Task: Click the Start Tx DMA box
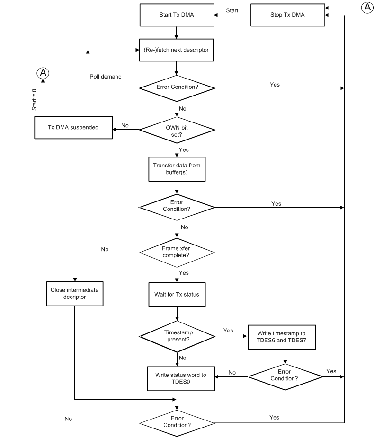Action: [177, 15]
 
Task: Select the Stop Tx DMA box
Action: [290, 15]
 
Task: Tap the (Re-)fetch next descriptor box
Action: [177, 50]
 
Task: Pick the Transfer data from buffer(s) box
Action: [177, 169]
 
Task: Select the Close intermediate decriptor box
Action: [74, 294]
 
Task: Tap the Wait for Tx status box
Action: [177, 294]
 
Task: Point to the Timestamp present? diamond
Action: [177, 337]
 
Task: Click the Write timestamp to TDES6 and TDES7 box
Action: [285, 337]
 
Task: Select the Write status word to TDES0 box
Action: [177, 378]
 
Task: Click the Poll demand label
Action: [105, 76]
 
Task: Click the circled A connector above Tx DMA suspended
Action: [43, 73]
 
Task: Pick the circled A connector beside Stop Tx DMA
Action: [366, 7]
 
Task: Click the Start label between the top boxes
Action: [232, 10]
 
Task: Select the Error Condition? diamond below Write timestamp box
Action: [285, 376]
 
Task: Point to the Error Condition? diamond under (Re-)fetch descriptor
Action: [177, 87]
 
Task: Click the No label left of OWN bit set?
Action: [125, 125]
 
